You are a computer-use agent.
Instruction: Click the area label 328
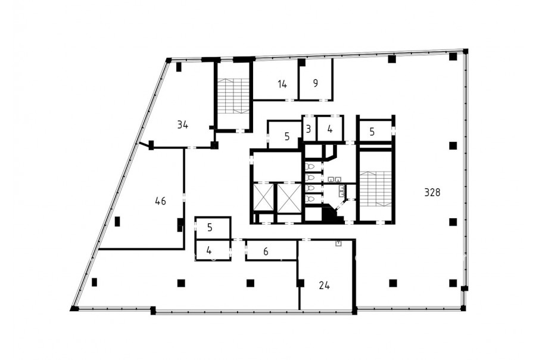(432, 193)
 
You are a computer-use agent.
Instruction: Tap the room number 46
(160, 201)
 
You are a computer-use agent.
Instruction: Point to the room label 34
(183, 125)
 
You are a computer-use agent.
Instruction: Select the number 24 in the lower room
(324, 285)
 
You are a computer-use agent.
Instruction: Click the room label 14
(282, 84)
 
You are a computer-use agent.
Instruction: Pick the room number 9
(316, 83)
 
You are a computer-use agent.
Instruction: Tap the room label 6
(266, 252)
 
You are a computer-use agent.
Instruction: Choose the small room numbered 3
(308, 129)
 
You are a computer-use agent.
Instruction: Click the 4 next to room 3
(329, 129)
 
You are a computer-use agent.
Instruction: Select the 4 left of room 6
(209, 251)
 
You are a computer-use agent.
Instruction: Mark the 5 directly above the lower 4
(210, 228)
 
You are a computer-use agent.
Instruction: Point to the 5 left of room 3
(287, 136)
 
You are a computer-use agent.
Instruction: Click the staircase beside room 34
(234, 96)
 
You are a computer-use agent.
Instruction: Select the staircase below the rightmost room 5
(375, 189)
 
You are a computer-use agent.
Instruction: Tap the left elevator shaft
(264, 198)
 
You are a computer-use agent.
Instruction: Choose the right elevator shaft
(289, 198)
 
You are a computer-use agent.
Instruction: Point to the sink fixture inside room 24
(338, 244)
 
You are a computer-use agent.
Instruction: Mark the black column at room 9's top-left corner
(301, 62)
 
